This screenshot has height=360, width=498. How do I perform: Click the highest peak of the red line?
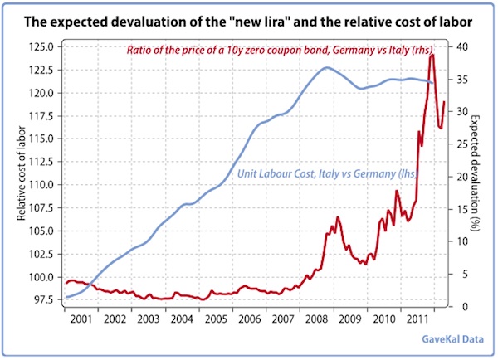[x=432, y=55]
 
